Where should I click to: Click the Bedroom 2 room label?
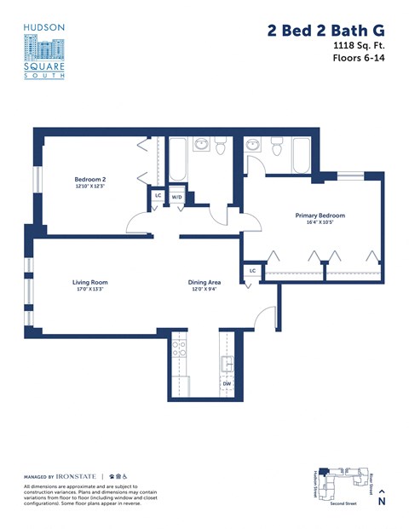click(x=89, y=179)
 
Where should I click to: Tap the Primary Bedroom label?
click(x=320, y=216)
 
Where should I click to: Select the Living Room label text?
click(x=89, y=282)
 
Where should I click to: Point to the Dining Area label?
click(x=204, y=282)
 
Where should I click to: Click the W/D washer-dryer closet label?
click(x=177, y=197)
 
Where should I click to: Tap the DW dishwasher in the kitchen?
click(x=227, y=384)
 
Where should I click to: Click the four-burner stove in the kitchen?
click(x=179, y=349)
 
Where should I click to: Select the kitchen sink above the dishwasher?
click(x=227, y=364)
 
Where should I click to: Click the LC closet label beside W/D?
click(x=158, y=196)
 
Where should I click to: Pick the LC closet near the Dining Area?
click(x=252, y=271)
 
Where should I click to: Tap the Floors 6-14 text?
click(x=358, y=59)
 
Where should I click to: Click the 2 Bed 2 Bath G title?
click(x=325, y=31)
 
